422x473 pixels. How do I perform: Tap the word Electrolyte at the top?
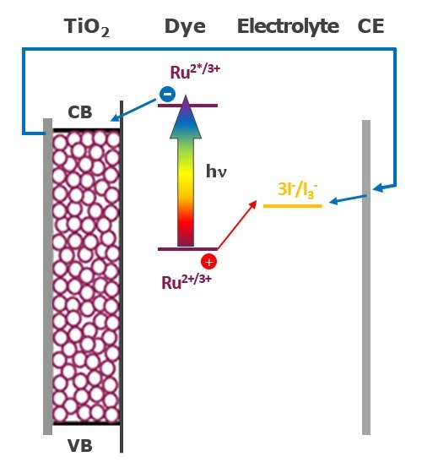coord(288,26)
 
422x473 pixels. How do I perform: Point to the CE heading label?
coord(371,26)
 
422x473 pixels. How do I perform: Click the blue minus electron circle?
coord(167,95)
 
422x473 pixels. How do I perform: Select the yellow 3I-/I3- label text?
coord(292,188)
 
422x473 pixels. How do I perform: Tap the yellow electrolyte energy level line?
coord(292,205)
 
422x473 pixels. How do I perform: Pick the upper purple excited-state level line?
coord(187,106)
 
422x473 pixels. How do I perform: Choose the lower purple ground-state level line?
coord(187,248)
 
